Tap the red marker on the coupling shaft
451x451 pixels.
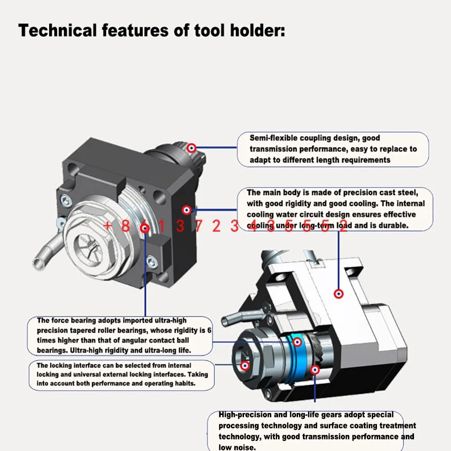coord(192,147)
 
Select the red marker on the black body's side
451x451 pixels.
coord(186,210)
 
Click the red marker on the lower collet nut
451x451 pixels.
coord(245,364)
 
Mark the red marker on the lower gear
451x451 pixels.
coord(315,371)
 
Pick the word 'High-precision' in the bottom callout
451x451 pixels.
coord(246,415)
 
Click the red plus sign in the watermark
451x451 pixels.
coord(108,225)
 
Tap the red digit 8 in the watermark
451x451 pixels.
coord(125,225)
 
